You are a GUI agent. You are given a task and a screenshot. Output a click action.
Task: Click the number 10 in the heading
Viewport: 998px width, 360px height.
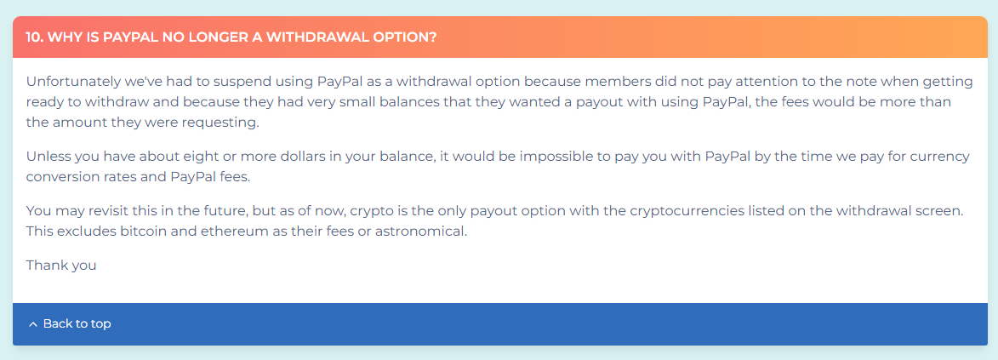point(34,37)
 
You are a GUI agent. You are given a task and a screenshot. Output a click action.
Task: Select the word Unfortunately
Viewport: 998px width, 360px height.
point(66,83)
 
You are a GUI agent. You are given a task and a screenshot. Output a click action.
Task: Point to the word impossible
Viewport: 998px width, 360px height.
point(547,157)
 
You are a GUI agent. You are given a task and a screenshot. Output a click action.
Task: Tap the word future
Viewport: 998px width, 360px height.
point(234,210)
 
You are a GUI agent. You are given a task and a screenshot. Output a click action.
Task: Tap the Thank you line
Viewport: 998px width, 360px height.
point(61,265)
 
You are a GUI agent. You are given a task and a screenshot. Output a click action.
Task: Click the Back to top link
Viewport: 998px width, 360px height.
point(70,323)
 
